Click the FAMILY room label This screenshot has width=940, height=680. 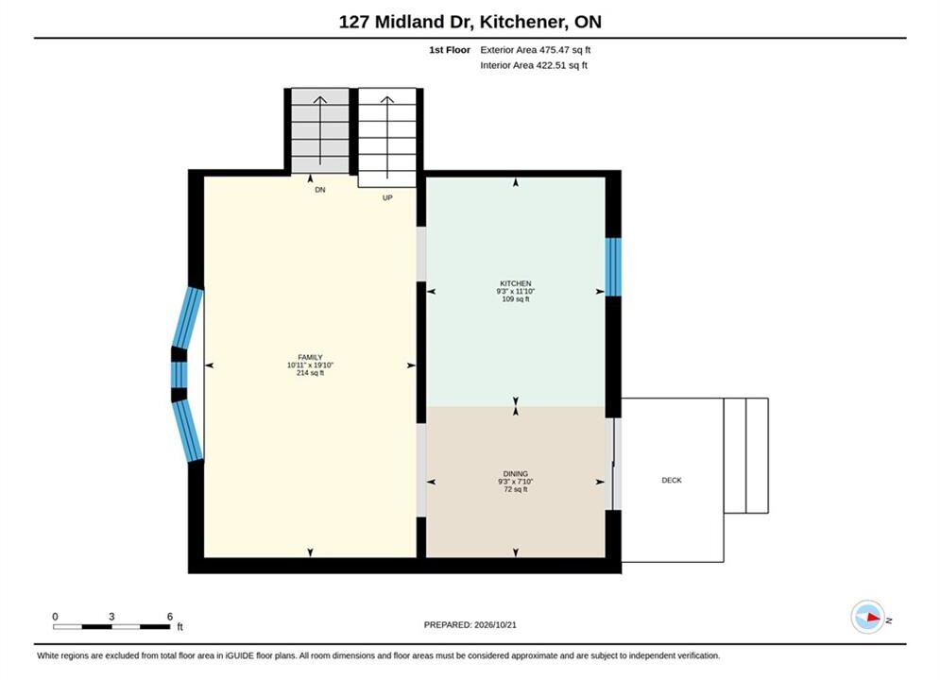(310, 357)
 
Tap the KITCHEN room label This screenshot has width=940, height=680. (516, 283)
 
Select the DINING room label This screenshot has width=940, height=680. (516, 473)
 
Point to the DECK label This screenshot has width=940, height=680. (672, 480)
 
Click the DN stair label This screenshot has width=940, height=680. (320, 190)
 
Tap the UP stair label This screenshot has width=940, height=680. (387, 197)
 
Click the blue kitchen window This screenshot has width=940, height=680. (613, 267)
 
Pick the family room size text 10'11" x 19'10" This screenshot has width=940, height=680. (310, 365)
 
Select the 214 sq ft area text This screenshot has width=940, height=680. (310, 373)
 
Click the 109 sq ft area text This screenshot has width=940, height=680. (516, 299)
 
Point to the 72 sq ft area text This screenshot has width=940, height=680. (516, 489)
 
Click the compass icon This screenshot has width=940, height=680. (868, 617)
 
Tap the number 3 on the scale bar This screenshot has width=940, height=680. (111, 616)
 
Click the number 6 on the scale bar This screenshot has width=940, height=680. (170, 616)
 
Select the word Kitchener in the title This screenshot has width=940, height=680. (522, 22)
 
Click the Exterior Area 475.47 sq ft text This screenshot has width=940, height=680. (536, 50)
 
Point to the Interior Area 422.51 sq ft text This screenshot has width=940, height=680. (534, 65)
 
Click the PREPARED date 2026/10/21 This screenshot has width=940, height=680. (495, 624)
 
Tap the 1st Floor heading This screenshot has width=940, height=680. (450, 50)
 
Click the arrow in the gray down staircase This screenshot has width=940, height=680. (320, 130)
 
